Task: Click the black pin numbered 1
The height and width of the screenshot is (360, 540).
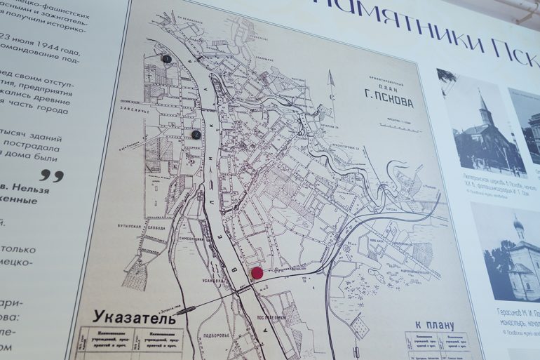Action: pyautogui.click(x=166, y=59)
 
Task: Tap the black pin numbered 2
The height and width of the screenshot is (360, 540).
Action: pyautogui.click(x=196, y=134)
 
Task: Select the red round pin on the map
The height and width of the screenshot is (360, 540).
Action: pyautogui.click(x=257, y=272)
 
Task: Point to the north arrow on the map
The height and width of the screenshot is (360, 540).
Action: pyautogui.click(x=331, y=87)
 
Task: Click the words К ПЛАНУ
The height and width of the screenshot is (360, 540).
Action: pyautogui.click(x=434, y=325)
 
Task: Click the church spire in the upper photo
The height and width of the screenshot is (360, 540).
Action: pyautogui.click(x=483, y=105)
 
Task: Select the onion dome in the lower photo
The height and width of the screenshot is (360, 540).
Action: pyautogui.click(x=518, y=225)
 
